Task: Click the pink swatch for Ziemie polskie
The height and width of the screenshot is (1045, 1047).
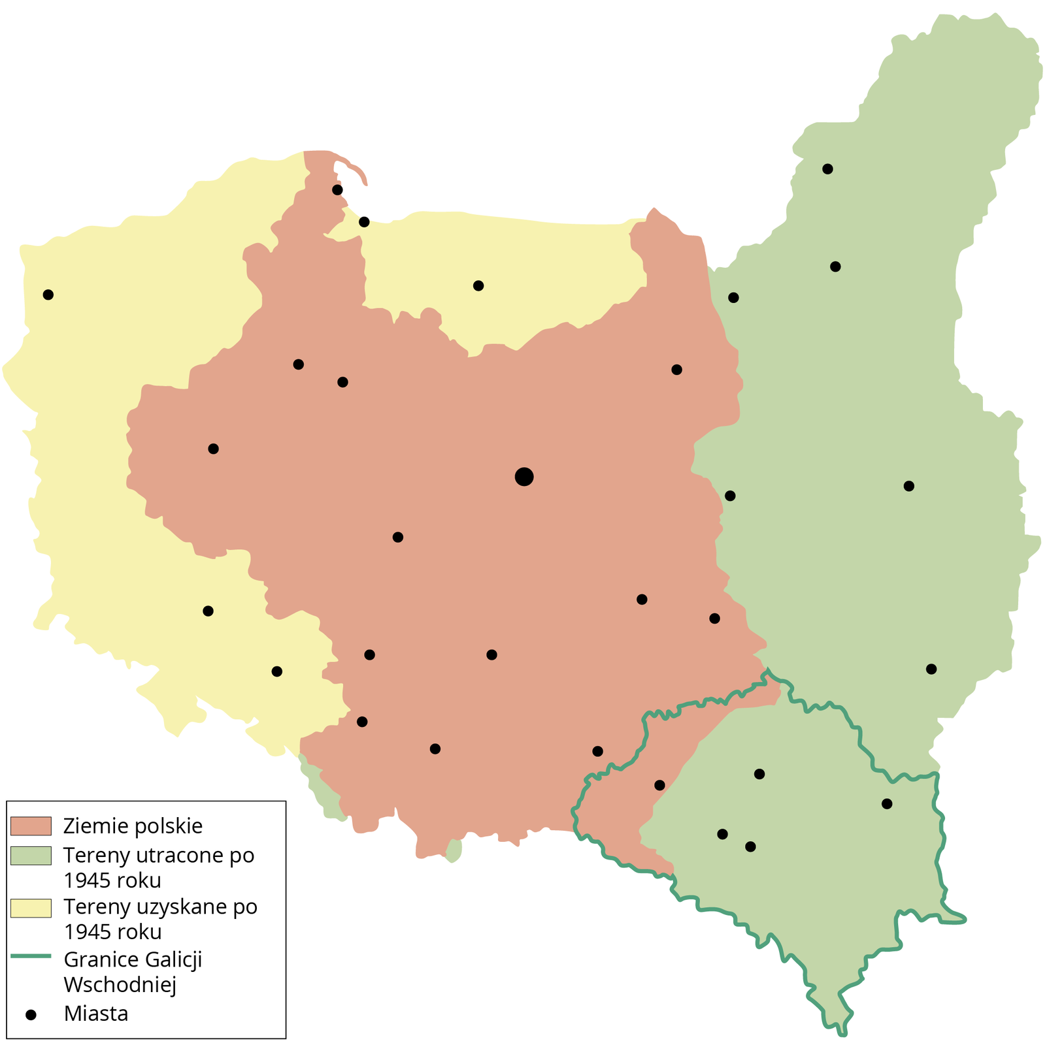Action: [x=31, y=826]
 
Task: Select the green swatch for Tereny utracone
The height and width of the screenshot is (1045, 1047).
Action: [x=31, y=856]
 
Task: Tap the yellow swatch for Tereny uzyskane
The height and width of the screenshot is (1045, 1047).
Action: [x=31, y=908]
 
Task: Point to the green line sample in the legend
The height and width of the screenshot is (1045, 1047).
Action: [x=31, y=956]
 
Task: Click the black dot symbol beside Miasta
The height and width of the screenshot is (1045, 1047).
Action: [x=30, y=1014]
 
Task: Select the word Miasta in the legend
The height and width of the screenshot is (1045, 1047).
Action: [x=96, y=1014]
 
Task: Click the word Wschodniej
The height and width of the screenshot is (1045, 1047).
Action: [x=120, y=984]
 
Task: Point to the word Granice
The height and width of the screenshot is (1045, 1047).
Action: [x=101, y=959]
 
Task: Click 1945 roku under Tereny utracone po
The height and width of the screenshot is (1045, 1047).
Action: [x=112, y=880]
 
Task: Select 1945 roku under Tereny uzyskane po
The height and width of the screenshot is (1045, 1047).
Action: [x=112, y=932]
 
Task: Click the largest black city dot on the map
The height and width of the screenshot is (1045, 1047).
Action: [x=524, y=477]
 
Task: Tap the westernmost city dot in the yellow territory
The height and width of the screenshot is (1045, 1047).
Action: [x=48, y=295]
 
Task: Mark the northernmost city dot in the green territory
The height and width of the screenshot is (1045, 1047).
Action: [x=827, y=169]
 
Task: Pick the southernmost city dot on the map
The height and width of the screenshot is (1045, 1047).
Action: [x=750, y=846]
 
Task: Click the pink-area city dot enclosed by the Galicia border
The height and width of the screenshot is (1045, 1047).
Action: [x=659, y=785]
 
